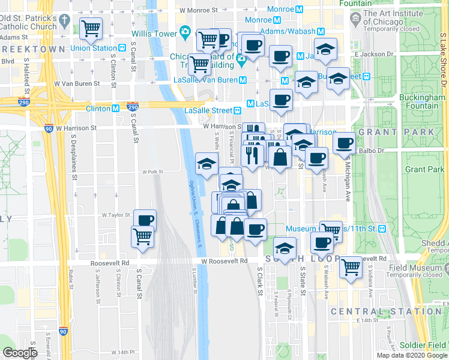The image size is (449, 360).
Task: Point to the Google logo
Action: tap(20, 353)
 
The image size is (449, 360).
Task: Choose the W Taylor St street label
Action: tap(116, 214)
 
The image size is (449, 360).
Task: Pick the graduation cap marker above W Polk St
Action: tap(207, 164)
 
